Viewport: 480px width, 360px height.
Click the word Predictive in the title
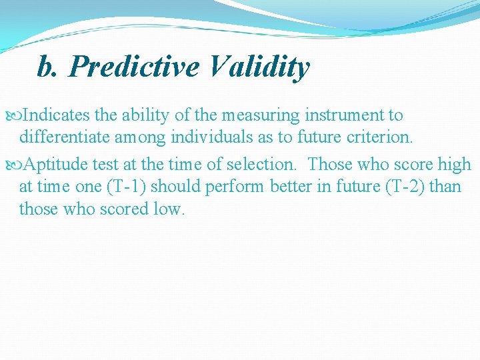[134, 67]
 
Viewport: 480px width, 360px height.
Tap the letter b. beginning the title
[47, 67]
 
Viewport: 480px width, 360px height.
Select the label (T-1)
[128, 187]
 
